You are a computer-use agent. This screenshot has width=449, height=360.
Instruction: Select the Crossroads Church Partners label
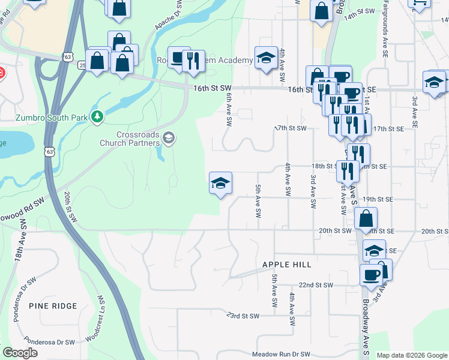coord(130,139)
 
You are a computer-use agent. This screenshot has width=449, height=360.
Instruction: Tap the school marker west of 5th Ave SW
coord(220,183)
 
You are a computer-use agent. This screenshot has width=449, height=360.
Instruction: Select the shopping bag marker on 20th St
coord(366,220)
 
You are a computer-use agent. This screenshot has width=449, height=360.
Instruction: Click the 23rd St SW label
coord(242,316)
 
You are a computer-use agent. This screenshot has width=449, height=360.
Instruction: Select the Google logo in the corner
coord(20,353)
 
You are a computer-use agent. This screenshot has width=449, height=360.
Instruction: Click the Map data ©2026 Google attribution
coord(411,355)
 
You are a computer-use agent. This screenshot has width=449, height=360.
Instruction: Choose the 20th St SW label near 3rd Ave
coord(334,231)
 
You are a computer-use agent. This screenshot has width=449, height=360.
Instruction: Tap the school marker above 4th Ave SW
coord(267,58)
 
